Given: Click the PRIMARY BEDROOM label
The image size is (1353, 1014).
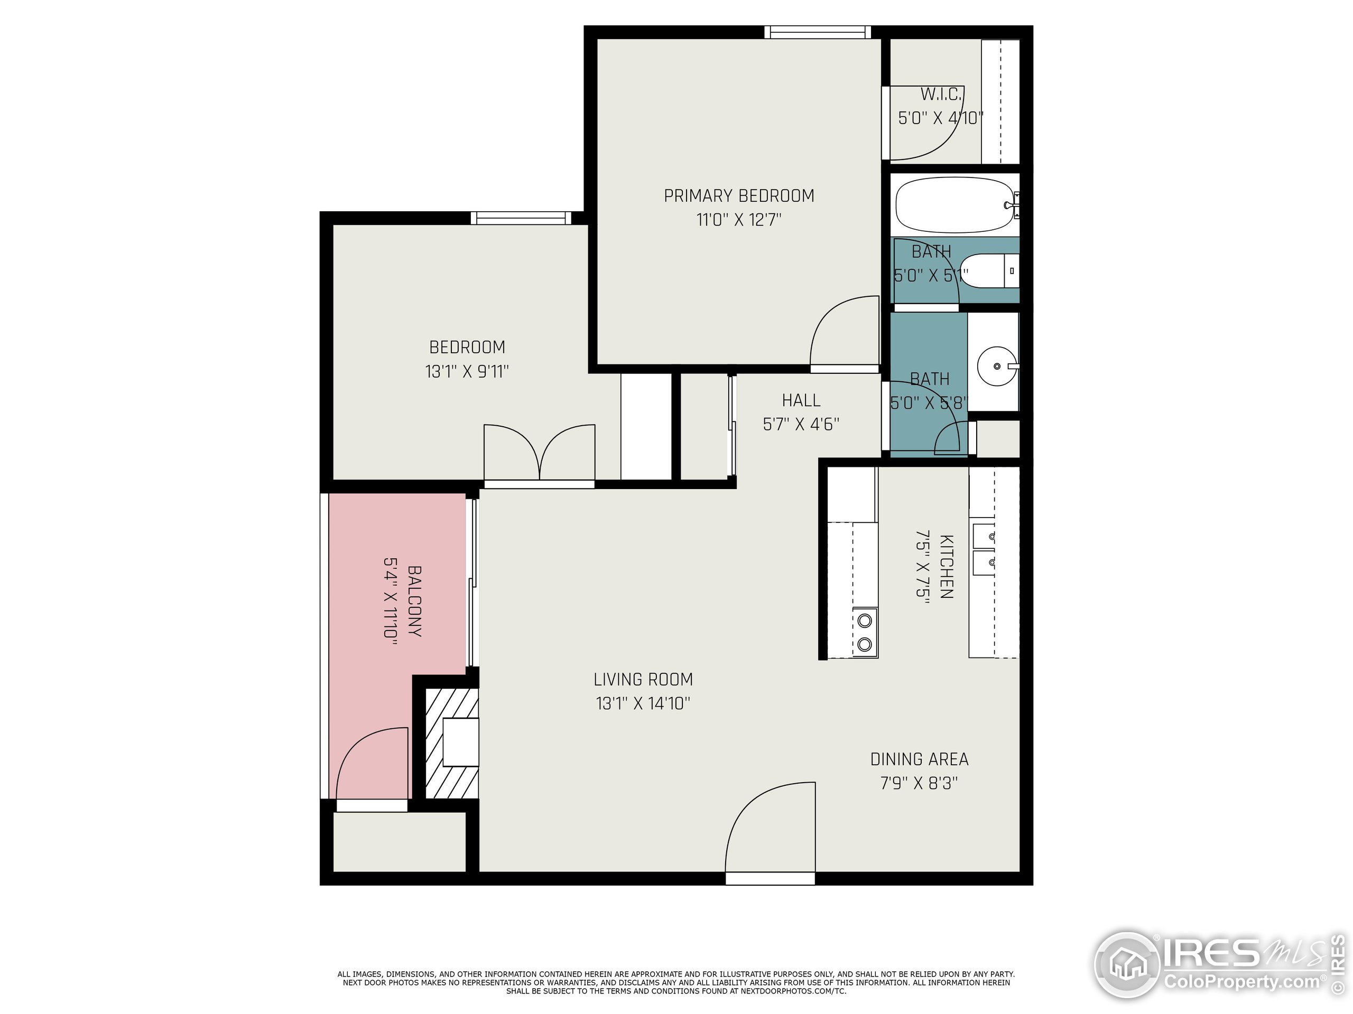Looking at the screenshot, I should (x=739, y=195).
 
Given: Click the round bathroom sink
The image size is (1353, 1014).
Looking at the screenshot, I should (x=996, y=366).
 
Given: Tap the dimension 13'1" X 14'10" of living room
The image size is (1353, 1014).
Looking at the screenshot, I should (x=643, y=703).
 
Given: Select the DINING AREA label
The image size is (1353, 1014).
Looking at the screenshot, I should (x=919, y=759).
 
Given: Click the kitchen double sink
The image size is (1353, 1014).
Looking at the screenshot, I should (x=983, y=548).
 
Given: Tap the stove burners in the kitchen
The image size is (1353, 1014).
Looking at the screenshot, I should (x=864, y=633).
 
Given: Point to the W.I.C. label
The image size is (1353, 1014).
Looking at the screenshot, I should (x=941, y=95).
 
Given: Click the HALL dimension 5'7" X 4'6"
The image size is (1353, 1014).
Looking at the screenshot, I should (x=801, y=424).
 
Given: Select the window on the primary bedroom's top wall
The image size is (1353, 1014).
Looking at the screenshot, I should (x=817, y=32).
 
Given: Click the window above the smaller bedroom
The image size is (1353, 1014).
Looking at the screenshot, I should (x=521, y=218).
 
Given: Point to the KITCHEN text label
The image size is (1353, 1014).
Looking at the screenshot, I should (x=946, y=566).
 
